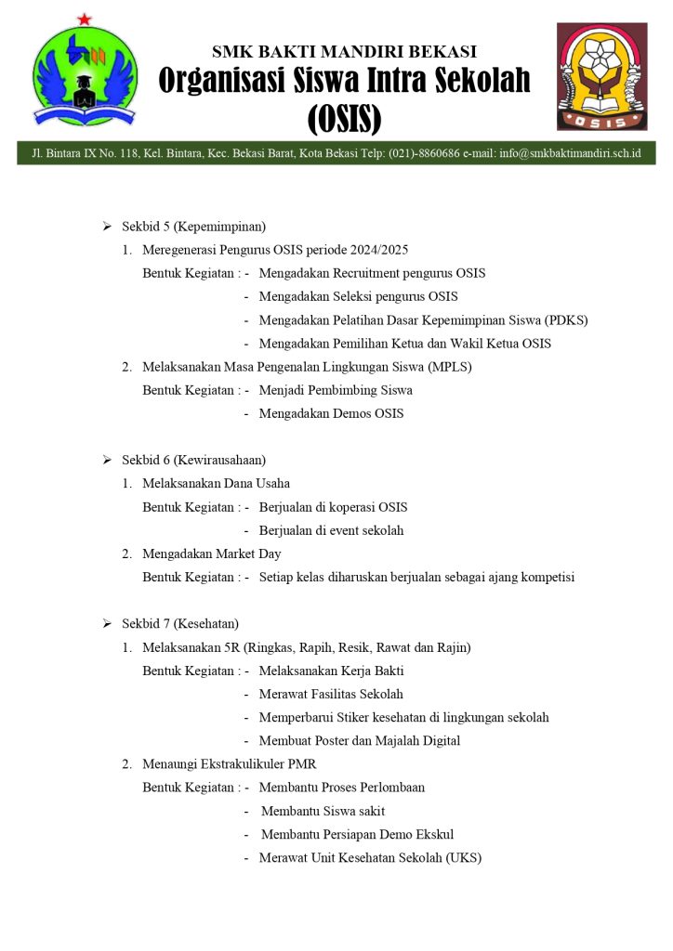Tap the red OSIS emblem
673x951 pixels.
click(x=601, y=76)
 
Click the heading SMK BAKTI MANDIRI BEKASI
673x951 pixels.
click(x=344, y=51)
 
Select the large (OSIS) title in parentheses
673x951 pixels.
click(x=344, y=118)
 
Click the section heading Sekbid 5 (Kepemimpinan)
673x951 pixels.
click(x=194, y=227)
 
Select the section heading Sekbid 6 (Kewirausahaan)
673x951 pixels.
click(x=194, y=460)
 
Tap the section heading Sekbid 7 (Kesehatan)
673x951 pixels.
click(x=180, y=623)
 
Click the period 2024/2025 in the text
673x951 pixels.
click(x=376, y=250)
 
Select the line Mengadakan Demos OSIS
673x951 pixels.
click(x=331, y=413)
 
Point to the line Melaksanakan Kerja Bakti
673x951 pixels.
click(x=331, y=671)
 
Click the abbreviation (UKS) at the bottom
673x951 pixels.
click(x=461, y=858)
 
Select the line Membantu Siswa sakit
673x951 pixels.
click(x=323, y=811)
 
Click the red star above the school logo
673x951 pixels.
click(x=85, y=19)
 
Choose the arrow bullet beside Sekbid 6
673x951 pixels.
click(x=106, y=460)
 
